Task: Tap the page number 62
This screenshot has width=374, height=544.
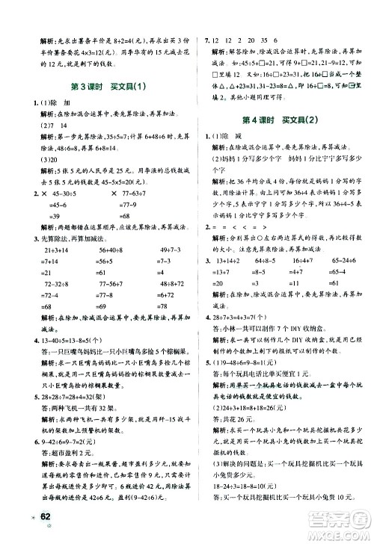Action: pyautogui.click(x=29, y=519)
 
